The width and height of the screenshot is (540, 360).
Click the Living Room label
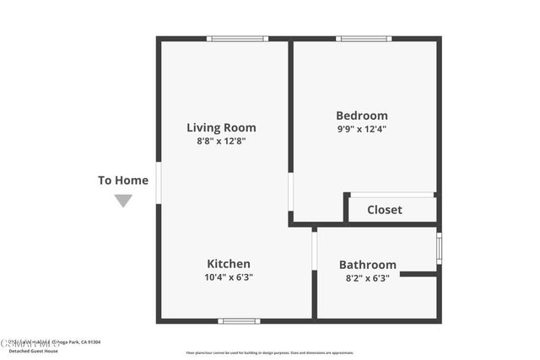click(x=221, y=127)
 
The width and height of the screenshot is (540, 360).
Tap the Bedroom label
click(x=361, y=116)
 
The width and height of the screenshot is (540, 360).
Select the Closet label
click(x=385, y=209)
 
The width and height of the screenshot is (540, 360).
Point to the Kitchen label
click(x=229, y=263)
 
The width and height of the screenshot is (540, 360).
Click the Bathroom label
click(x=367, y=264)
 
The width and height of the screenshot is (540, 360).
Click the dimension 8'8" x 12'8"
click(x=221, y=142)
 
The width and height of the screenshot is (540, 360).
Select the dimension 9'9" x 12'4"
click(x=361, y=130)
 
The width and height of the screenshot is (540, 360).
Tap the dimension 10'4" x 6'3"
click(x=229, y=277)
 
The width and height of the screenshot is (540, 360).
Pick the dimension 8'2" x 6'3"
click(x=367, y=277)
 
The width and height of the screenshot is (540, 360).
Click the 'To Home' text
click(x=123, y=180)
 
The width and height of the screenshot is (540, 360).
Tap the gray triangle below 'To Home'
click(x=123, y=200)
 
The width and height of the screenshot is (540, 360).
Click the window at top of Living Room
click(x=237, y=39)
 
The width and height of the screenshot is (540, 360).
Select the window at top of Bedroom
click(x=363, y=39)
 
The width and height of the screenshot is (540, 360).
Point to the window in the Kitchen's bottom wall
click(x=239, y=320)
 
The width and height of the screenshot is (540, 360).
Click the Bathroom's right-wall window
click(x=439, y=249)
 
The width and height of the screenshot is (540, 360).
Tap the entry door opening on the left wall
click(x=159, y=183)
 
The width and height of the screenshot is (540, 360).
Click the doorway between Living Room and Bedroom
click(x=291, y=192)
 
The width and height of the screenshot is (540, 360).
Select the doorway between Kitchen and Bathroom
click(x=315, y=250)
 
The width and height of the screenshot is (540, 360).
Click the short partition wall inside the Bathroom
click(x=418, y=274)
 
